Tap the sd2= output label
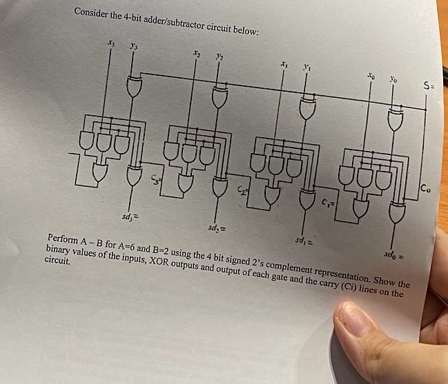coord(213,227)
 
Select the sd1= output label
coord(303,240)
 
